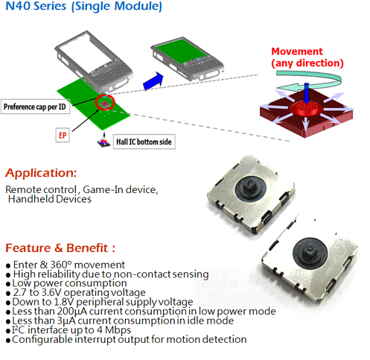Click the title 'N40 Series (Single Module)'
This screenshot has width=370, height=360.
click(x=83, y=6)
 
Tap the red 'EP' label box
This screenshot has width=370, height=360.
click(x=63, y=135)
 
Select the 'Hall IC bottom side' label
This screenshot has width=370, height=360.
click(x=144, y=142)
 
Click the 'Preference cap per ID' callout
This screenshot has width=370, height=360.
click(x=35, y=107)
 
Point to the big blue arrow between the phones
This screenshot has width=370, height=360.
click(x=153, y=81)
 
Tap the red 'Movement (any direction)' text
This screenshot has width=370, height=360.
click(x=307, y=57)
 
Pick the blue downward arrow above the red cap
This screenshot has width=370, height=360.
click(x=307, y=93)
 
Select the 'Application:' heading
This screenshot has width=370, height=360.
click(x=41, y=173)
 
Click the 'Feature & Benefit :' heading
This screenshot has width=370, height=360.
click(x=60, y=248)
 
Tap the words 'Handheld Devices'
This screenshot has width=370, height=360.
click(x=50, y=199)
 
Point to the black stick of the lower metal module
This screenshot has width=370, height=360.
click(x=310, y=250)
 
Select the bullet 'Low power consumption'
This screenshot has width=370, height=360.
click(x=66, y=283)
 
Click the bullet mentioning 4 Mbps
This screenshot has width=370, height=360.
click(x=68, y=330)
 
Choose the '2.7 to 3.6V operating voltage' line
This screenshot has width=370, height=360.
click(x=76, y=292)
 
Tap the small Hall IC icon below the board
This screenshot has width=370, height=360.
click(x=103, y=143)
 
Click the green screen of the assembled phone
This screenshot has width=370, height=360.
click(x=182, y=51)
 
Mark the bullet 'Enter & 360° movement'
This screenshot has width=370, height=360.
click(x=66, y=265)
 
